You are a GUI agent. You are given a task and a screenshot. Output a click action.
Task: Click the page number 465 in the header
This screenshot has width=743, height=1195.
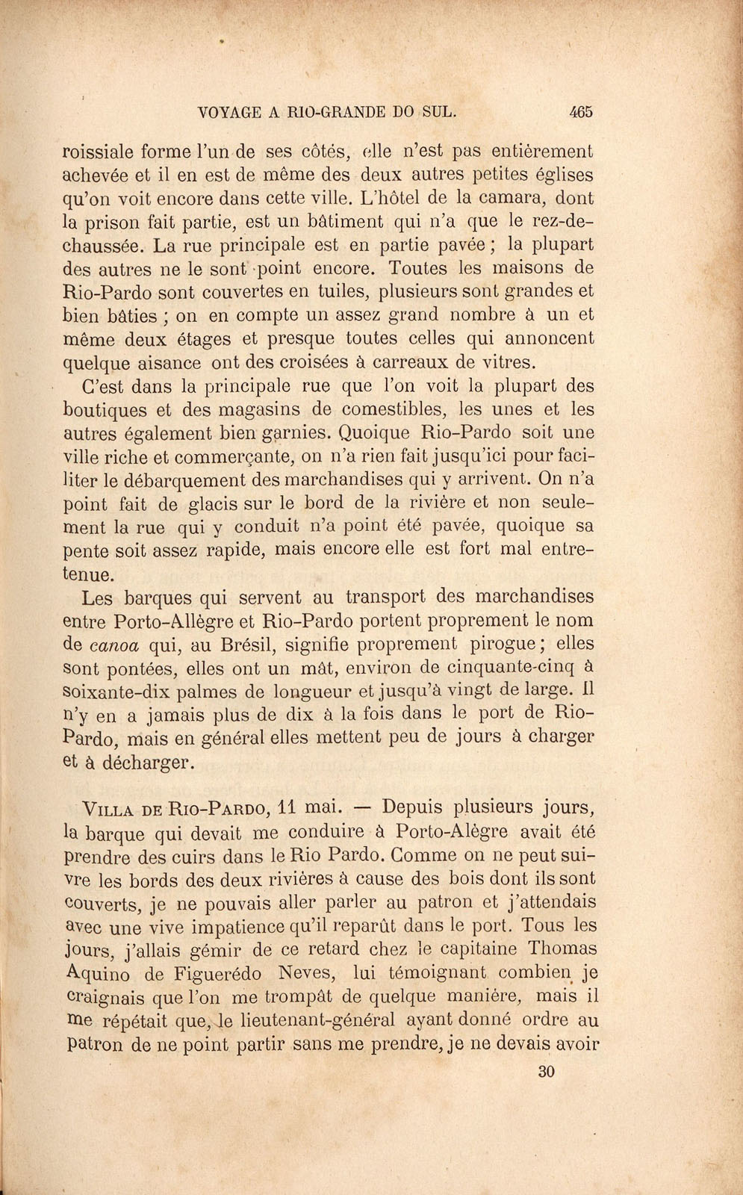pos(580,112)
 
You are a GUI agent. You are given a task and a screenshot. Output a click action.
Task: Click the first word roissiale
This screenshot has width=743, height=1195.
pos(109,151)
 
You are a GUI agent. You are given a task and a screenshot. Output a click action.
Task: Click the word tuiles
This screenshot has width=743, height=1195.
pos(341,291)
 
